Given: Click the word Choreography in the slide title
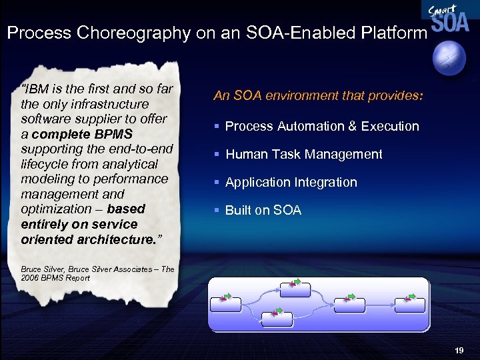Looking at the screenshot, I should [x=133, y=33].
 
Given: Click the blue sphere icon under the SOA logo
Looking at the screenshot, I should [x=453, y=59].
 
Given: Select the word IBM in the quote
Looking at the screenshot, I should [x=38, y=89].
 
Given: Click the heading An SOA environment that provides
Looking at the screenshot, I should [x=317, y=96].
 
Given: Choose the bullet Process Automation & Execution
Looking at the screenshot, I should [x=322, y=126].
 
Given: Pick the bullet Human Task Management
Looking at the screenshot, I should [x=303, y=154].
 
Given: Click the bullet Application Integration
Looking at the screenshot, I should [x=291, y=182].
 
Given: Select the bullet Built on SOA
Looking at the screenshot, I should [x=263, y=211].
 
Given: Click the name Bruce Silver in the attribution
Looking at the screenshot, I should [x=39, y=269].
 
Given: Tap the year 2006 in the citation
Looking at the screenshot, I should [x=31, y=278].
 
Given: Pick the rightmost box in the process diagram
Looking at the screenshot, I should [x=409, y=304].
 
